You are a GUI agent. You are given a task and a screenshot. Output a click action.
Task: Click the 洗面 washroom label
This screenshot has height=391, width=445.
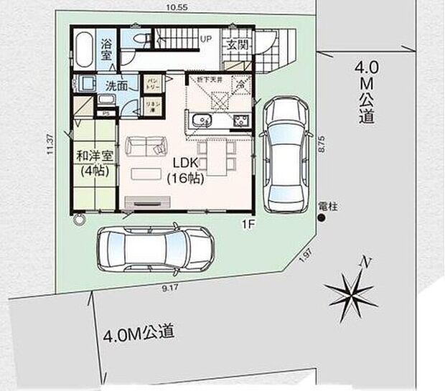[x=116, y=85]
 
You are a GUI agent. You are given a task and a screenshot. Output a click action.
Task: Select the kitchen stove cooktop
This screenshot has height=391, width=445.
[x=240, y=121]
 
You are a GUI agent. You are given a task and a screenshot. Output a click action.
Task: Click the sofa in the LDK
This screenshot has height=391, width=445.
[x=145, y=146]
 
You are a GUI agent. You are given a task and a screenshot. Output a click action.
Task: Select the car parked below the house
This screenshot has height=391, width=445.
[x=154, y=248]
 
